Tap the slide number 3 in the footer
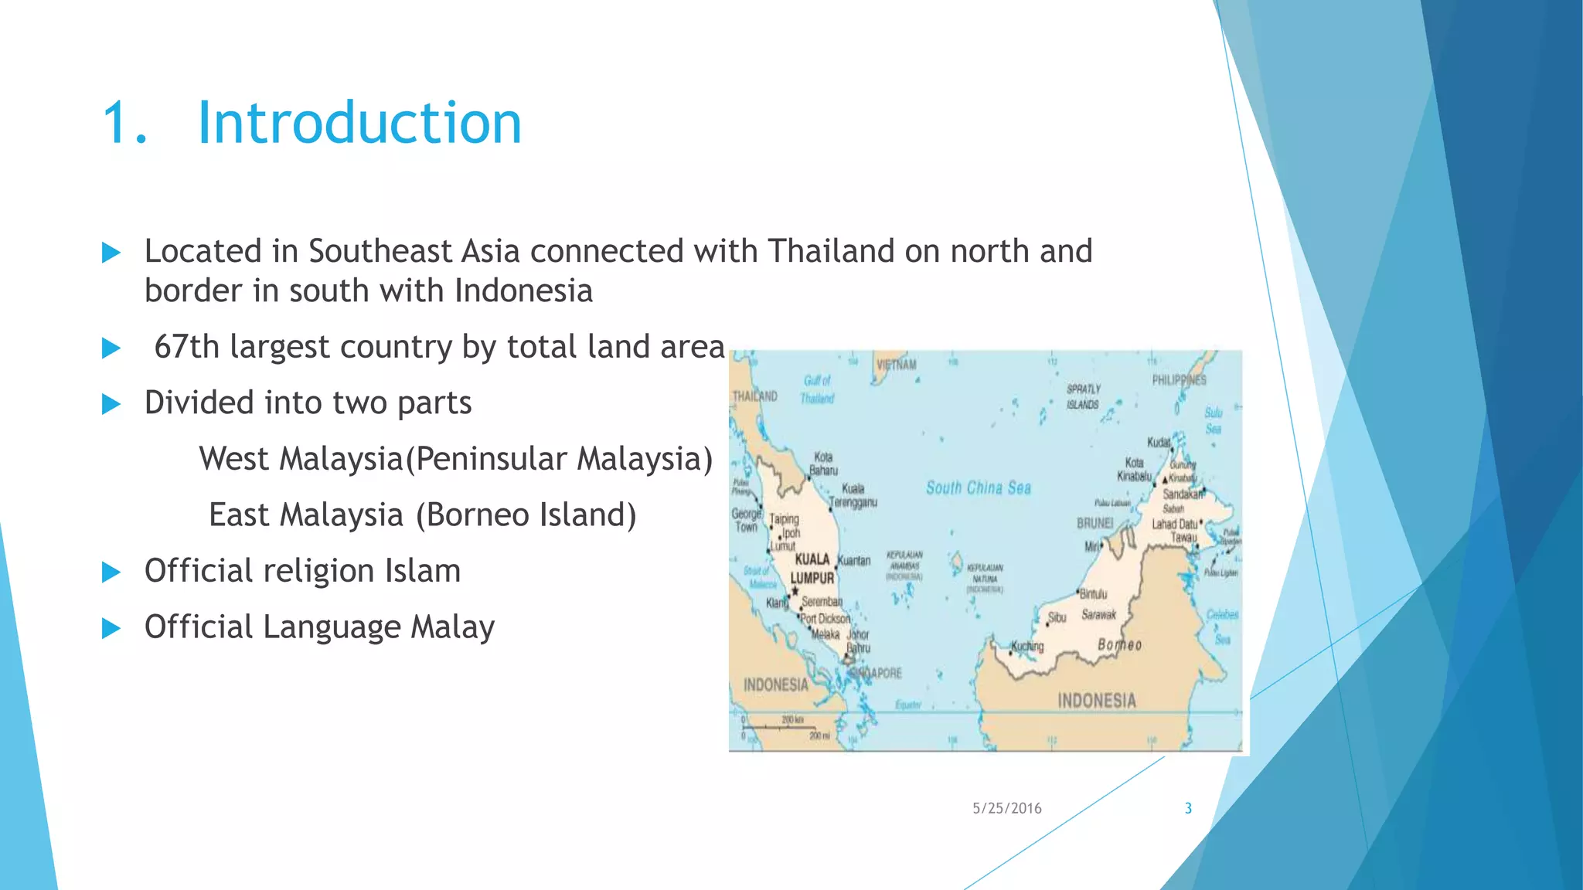point(1188,808)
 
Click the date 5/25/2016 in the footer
point(1006,808)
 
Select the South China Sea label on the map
point(979,487)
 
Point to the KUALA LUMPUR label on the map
point(812,569)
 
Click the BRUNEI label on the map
point(1094,523)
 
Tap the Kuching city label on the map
point(1028,646)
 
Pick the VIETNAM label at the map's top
point(897,365)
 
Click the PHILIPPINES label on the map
point(1179,380)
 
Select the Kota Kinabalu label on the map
point(1134,469)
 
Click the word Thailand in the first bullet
point(831,251)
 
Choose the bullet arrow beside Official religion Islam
point(111,572)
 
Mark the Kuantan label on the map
point(854,560)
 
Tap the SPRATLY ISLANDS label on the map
point(1083,396)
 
